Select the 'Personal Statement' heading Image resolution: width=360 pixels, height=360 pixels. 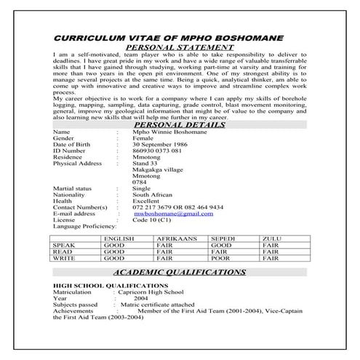[x=180, y=48]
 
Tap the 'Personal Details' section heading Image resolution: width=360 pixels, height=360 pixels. [x=180, y=124]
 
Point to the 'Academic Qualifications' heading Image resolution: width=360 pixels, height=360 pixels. [x=180, y=271]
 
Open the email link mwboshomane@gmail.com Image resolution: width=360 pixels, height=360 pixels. [x=173, y=214]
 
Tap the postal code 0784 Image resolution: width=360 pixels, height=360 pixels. [x=140, y=183]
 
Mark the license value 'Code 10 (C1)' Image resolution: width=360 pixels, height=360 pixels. [x=153, y=220]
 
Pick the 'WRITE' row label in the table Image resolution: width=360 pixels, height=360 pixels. [x=65, y=258]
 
